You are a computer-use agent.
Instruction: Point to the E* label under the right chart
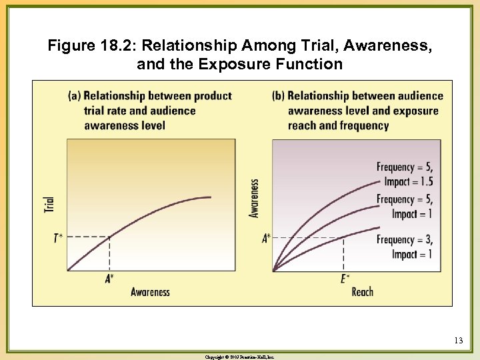coord(345,278)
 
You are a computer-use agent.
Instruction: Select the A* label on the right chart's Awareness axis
coord(266,238)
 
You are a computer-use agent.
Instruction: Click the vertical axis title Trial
coord(49,203)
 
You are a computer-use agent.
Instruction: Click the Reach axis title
coord(362,292)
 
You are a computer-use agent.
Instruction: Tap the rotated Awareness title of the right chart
coord(254,198)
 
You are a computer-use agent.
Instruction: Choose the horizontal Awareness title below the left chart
coord(150,292)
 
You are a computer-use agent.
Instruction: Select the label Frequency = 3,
coord(404,239)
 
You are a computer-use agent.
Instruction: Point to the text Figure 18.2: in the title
coord(91,46)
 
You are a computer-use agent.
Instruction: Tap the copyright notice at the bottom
coord(239,357)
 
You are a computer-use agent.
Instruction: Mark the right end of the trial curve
coord(211,197)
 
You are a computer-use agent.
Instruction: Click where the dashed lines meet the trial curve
coord(109,237)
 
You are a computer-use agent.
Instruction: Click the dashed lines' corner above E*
coord(343,237)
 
